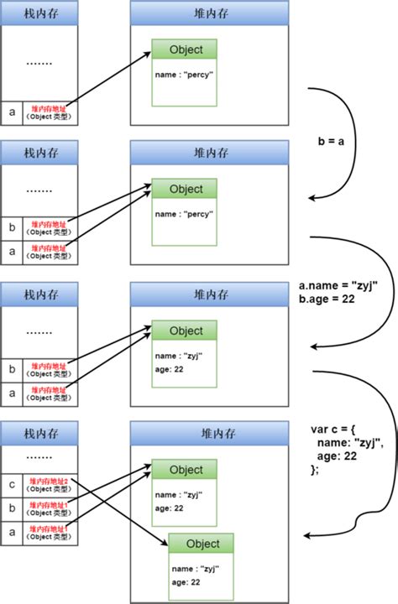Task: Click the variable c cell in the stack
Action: point(12,485)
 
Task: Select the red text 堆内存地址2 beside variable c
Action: point(50,481)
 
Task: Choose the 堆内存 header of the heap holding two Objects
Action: point(210,433)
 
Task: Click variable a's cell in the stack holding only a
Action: point(12,112)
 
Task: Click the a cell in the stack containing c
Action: point(12,532)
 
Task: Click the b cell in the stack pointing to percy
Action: point(12,226)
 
